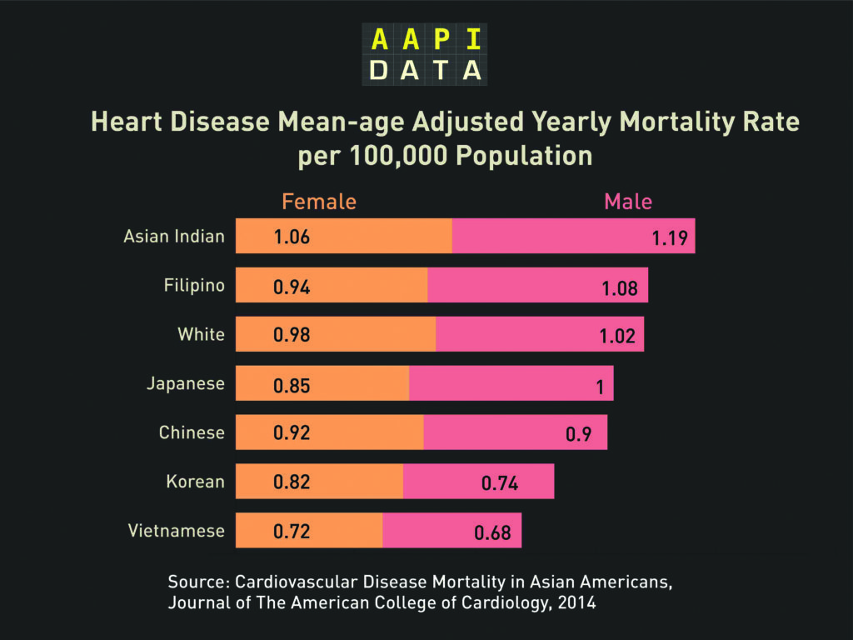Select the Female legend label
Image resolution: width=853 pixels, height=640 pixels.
[319, 202]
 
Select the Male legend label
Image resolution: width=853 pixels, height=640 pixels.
[628, 202]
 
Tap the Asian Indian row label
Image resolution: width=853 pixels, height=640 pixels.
[174, 236]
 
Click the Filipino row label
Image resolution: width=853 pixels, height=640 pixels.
[194, 286]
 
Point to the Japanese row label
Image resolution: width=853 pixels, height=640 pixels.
[186, 383]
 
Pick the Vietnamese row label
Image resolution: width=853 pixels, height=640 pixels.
[176, 530]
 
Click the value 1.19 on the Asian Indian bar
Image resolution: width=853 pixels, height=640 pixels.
[669, 239]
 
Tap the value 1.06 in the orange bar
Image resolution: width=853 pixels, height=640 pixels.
[292, 237]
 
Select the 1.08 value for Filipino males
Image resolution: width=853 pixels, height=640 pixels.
[620, 289]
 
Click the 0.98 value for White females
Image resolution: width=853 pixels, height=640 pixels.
[292, 335]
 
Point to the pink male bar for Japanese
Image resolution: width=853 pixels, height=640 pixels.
[511, 383]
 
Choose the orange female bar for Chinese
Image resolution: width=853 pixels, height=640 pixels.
[330, 432]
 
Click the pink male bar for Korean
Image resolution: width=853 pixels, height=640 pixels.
[478, 481]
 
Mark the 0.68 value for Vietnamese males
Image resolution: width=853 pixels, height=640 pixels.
[492, 533]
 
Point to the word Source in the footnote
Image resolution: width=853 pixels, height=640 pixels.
[197, 582]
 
